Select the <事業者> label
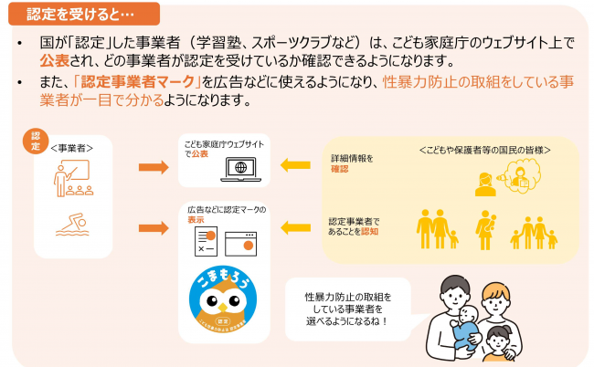[x=72, y=146]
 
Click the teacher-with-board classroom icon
[x=72, y=179]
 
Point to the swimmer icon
[x=72, y=222]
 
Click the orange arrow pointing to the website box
[x=152, y=168]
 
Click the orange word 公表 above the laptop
[x=199, y=154]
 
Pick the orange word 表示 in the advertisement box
[x=196, y=221]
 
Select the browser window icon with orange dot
[x=247, y=242]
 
